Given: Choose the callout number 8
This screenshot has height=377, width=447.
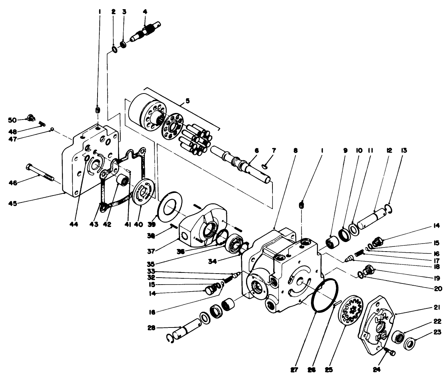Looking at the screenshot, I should (296, 150).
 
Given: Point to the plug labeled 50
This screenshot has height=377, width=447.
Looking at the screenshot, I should (29, 118).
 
